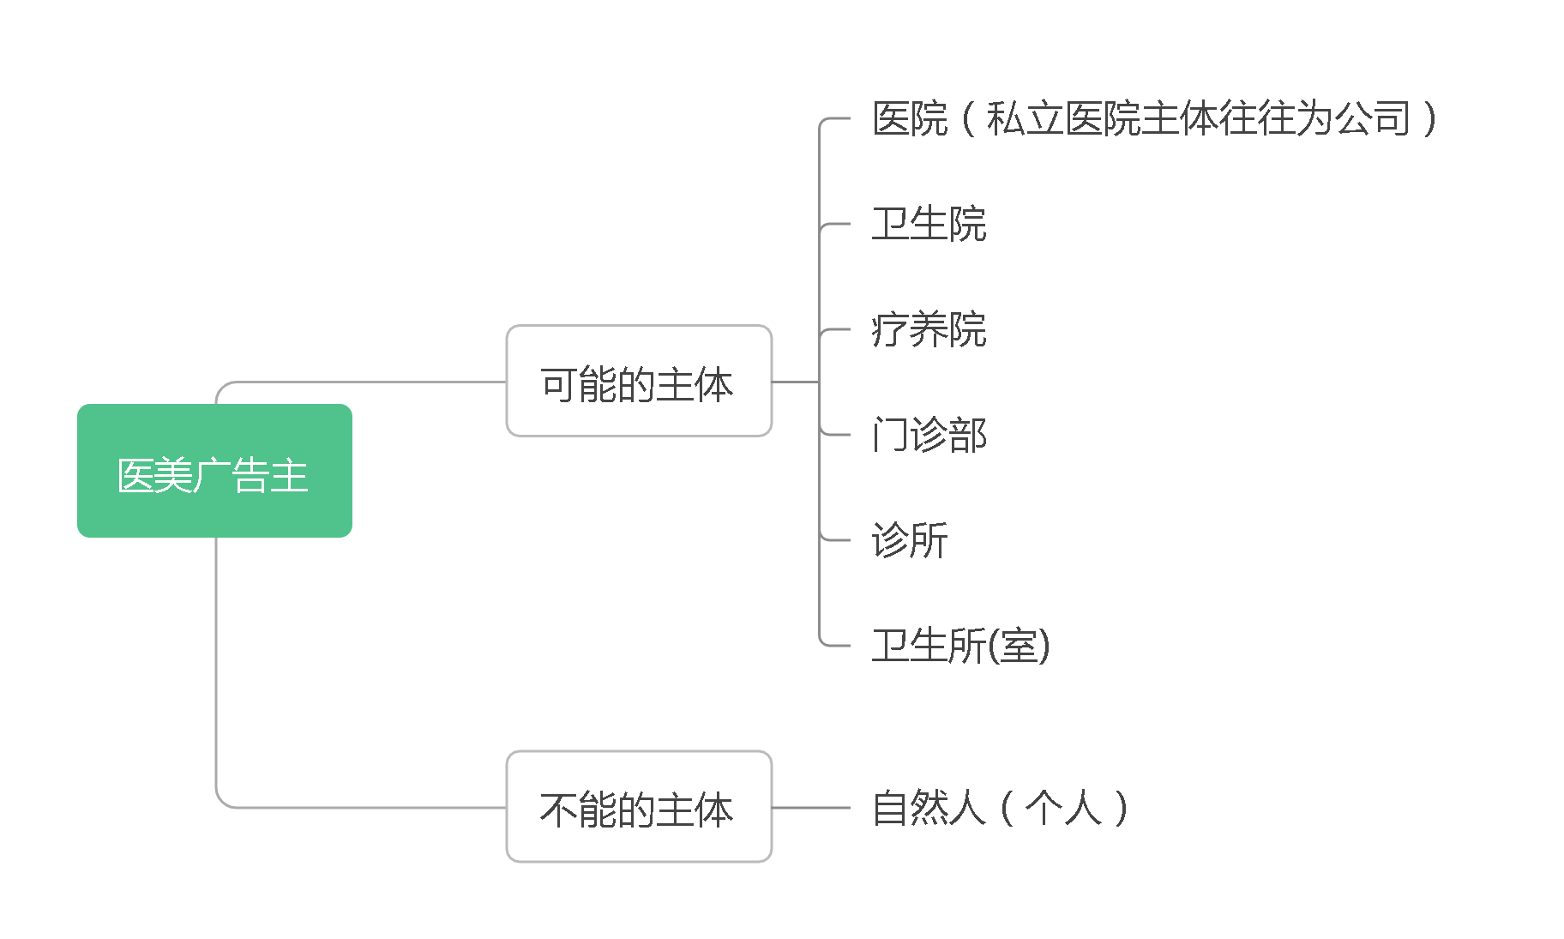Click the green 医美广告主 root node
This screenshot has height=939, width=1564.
coord(214,471)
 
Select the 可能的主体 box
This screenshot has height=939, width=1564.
coord(639,381)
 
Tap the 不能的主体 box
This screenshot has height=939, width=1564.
coord(639,806)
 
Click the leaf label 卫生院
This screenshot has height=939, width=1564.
coord(929,224)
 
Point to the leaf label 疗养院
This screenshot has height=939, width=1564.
coord(929,329)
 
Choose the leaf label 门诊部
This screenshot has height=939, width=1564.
coord(929,435)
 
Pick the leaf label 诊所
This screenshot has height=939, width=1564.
coord(910,540)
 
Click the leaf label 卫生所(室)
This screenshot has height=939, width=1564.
coord(960,646)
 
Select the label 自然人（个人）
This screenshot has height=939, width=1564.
coord(999,808)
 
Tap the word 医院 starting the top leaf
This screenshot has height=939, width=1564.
coord(910,118)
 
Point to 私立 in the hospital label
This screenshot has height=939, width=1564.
coord(1025,118)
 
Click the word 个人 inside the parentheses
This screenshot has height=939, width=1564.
coord(1063,808)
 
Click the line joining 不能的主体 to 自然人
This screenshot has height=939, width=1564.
coord(811,807)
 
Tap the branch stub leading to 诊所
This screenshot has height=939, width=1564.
coord(835,540)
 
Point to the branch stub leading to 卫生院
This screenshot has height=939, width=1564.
coord(835,224)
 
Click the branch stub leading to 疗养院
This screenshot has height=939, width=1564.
coord(835,329)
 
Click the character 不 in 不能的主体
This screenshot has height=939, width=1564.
coord(558,810)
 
